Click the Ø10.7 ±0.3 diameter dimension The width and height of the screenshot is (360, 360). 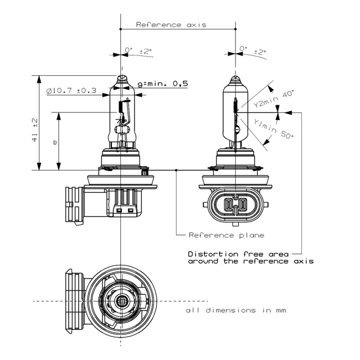[x=71, y=90]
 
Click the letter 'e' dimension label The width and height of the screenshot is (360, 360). [x=54, y=142]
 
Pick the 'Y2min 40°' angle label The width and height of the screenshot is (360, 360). [x=271, y=100]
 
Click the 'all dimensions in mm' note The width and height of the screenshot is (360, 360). [x=236, y=310]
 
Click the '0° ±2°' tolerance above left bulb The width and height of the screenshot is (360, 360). [x=137, y=51]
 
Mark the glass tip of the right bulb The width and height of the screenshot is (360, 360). [x=236, y=79]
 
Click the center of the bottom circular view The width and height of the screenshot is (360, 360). [x=121, y=301]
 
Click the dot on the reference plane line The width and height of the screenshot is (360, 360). [x=176, y=171]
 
